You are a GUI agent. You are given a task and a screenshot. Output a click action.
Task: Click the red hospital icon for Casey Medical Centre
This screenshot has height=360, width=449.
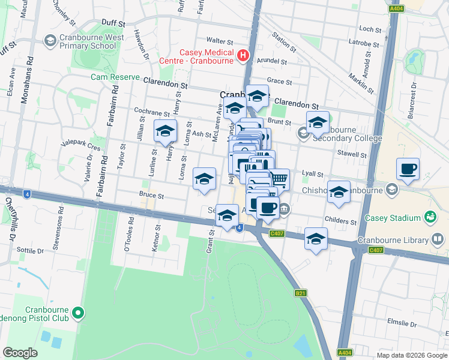[243, 56]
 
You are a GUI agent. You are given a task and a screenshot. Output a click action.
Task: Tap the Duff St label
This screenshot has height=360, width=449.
[113, 23]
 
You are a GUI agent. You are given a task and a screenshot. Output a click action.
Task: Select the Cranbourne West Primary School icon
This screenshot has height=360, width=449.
[50, 41]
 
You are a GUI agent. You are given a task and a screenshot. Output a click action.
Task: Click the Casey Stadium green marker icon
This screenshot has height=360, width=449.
[430, 216]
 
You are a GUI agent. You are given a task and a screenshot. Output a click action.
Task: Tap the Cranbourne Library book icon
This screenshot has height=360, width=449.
[438, 240]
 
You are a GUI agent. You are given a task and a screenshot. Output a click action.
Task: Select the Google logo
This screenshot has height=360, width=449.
[20, 353]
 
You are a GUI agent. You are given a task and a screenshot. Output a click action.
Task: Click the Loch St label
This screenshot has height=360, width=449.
[370, 29]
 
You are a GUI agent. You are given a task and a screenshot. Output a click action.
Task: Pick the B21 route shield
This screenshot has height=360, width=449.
[301, 293]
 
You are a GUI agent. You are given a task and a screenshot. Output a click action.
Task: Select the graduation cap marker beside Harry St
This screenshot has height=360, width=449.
[165, 131]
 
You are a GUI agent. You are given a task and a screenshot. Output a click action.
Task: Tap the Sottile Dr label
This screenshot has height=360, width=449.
[31, 250]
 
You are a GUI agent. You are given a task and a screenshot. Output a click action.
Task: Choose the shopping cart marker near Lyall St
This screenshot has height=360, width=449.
[278, 178]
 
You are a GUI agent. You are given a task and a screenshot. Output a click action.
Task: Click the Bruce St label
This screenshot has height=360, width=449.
[151, 195]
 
